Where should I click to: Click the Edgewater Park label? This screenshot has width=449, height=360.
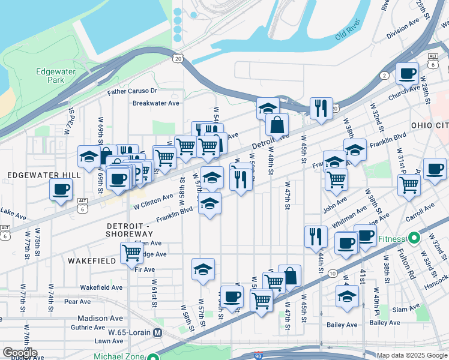click(x=56, y=75)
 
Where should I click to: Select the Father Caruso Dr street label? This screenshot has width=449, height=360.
click(x=132, y=92)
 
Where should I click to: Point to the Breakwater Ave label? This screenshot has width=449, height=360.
click(x=156, y=103)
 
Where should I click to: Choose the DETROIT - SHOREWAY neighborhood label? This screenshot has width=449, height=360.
click(x=129, y=229)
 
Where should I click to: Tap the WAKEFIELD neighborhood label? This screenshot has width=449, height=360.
click(x=91, y=262)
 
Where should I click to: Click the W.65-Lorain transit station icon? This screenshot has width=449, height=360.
click(x=158, y=332)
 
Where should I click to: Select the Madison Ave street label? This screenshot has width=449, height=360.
click(x=100, y=318)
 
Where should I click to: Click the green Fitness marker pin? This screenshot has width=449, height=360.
click(x=413, y=238)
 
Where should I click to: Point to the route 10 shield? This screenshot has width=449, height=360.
click(x=332, y=274)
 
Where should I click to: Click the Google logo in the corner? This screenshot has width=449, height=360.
click(x=20, y=353)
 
